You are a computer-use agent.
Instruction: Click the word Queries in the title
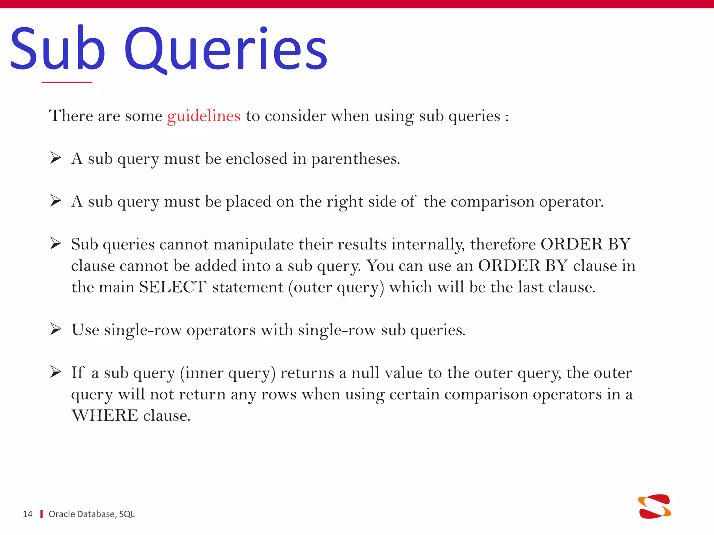click(x=226, y=49)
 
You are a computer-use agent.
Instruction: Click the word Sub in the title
click(x=58, y=49)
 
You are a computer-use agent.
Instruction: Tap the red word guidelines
click(x=204, y=116)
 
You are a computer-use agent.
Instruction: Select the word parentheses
click(x=355, y=159)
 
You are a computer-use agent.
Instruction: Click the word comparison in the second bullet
click(x=492, y=202)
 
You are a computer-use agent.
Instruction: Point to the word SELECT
click(x=173, y=287)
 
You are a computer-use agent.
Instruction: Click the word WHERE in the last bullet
click(x=105, y=416)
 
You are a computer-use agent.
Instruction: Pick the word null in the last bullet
click(x=365, y=373)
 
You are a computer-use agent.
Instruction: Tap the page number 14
click(x=28, y=514)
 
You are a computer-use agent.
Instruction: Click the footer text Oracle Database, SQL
click(x=91, y=514)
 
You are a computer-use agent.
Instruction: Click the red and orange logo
click(x=654, y=506)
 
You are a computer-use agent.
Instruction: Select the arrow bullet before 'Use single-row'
click(x=55, y=329)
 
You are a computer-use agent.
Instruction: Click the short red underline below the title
click(x=67, y=82)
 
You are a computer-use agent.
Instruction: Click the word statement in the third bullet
click(x=248, y=287)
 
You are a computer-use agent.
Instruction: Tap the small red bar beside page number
click(x=41, y=514)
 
